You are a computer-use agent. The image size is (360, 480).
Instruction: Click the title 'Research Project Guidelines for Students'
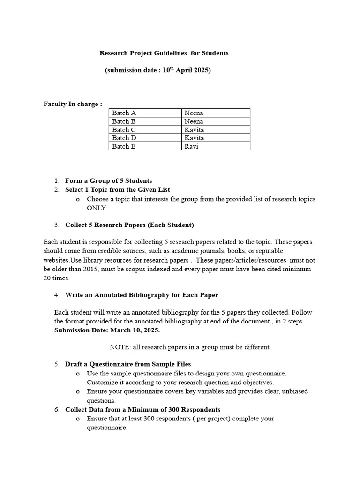coord(164,53)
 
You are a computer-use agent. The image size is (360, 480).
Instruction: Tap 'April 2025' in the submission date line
coord(193,71)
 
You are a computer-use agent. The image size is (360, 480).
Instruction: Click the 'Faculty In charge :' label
coord(73,104)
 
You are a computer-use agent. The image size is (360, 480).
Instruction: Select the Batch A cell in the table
coord(124,113)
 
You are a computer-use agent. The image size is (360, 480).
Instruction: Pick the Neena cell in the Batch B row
coord(194,121)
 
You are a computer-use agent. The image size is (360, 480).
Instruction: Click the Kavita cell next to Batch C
coord(194,130)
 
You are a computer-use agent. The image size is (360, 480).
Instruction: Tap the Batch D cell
coord(125,138)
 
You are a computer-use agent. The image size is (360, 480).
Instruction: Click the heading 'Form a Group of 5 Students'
coord(108,180)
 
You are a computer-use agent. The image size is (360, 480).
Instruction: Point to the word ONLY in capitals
coord(97,208)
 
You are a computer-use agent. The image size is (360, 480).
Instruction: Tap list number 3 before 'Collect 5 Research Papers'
coord(56,225)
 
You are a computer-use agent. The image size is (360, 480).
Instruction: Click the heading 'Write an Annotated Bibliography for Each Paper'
coord(142,295)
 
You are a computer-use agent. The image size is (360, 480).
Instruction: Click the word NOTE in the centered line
coord(120,347)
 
